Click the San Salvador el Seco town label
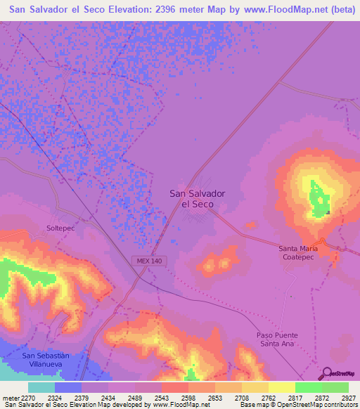coord(198,198)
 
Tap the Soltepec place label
coord(61,229)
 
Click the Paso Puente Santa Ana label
coord(273,339)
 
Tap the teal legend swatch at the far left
coord(41,387)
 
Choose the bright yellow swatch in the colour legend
coord(281,387)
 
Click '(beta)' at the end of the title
coord(337,9)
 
